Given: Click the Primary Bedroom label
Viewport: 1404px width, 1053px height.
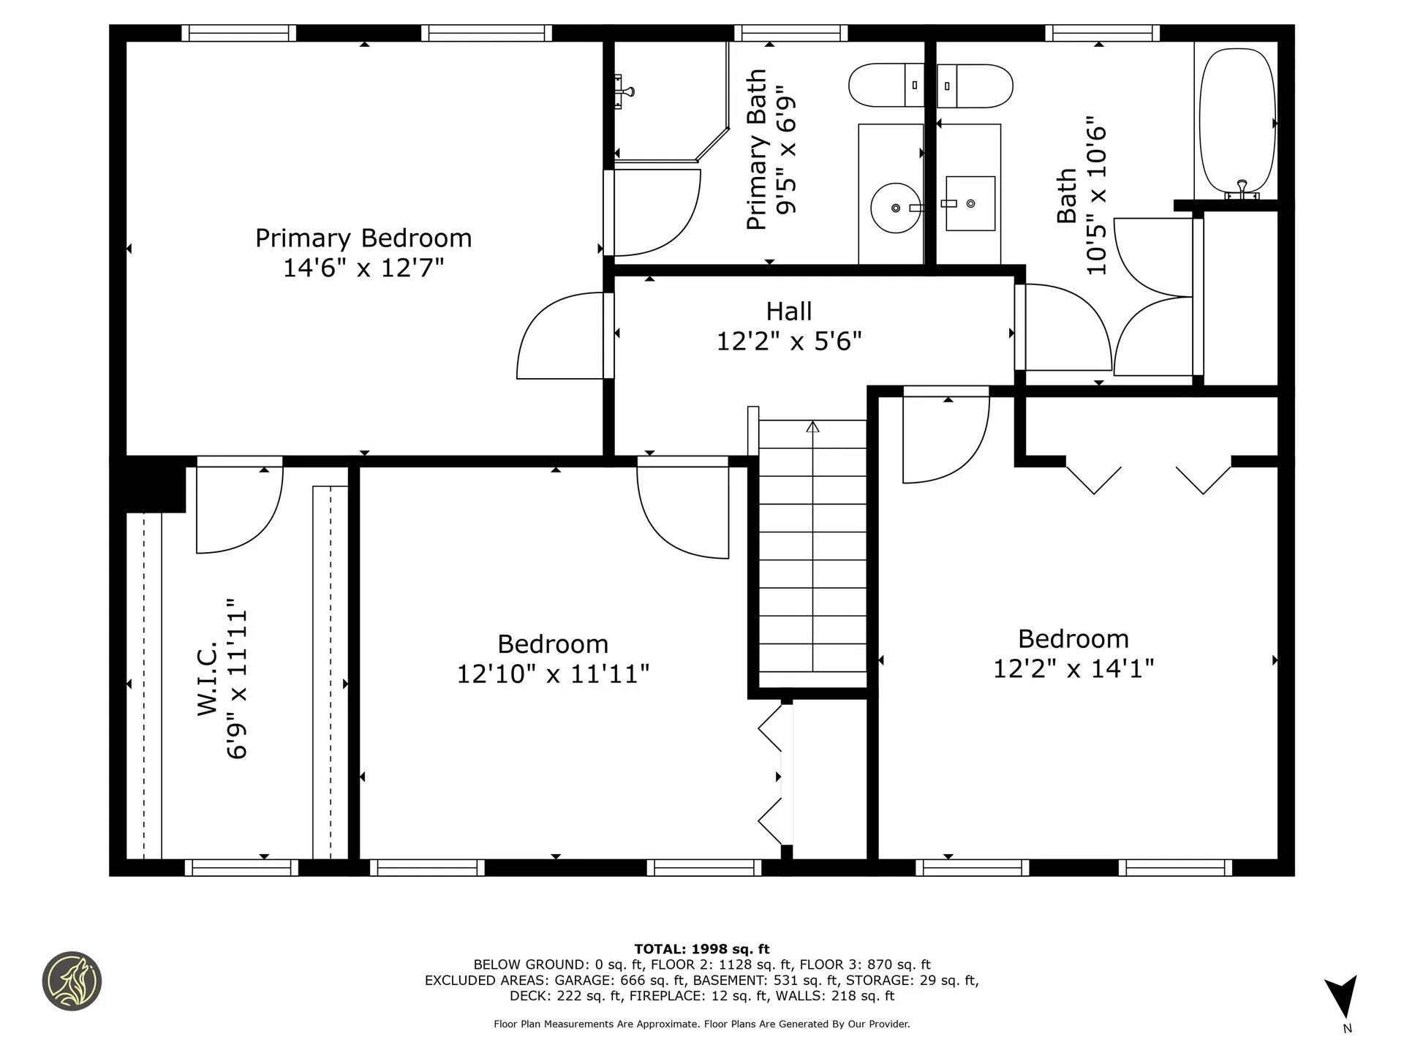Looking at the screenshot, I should [x=363, y=238].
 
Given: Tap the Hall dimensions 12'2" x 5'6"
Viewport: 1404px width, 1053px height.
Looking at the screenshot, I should [x=789, y=341].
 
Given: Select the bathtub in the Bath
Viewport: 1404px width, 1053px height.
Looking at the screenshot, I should [x=1237, y=121].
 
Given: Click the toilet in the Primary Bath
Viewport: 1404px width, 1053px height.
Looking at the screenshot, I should [x=886, y=85].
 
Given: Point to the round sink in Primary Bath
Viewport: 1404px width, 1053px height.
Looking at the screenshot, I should [x=895, y=208].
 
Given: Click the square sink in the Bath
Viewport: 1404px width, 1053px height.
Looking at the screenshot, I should [x=970, y=203].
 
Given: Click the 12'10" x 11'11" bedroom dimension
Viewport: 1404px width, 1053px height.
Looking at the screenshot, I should [x=553, y=673].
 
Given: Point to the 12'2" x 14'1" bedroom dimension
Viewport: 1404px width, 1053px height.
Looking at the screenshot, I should [x=1073, y=668].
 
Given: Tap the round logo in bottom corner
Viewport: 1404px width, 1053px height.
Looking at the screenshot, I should [x=72, y=981].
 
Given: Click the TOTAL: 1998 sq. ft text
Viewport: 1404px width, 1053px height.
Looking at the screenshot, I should [x=701, y=949].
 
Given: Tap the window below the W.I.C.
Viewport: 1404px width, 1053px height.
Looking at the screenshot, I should [x=241, y=867].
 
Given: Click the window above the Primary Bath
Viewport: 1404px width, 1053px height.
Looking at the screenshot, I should [x=790, y=33].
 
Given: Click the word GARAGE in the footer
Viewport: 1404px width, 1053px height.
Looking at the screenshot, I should [x=581, y=980].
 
